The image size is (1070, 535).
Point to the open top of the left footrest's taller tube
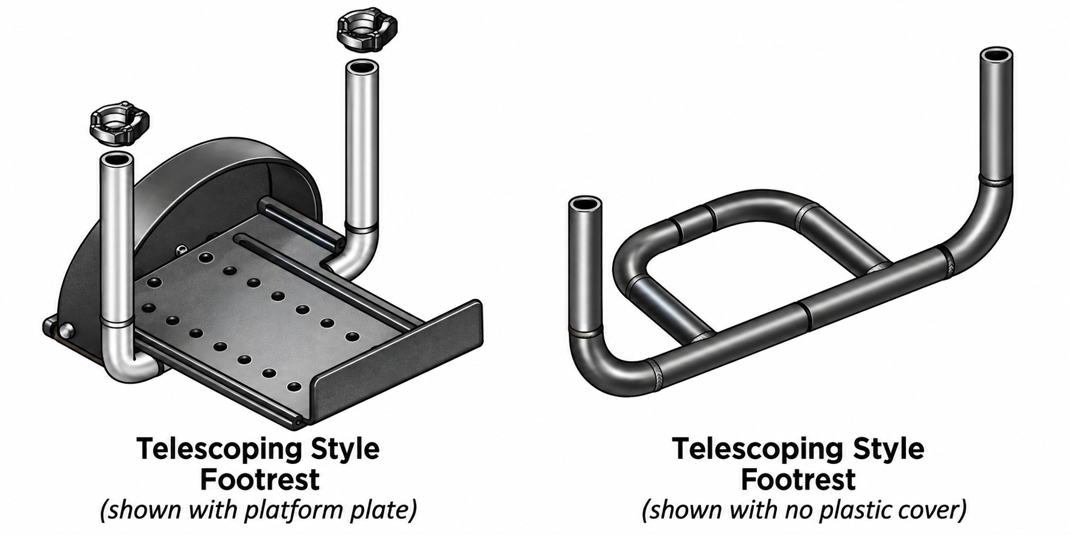tap(362, 66)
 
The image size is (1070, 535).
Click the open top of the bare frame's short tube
tap(585, 204)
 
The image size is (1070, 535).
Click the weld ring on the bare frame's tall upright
tap(995, 180)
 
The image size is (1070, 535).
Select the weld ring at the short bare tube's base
tap(586, 332)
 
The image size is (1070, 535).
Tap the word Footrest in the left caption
tap(259, 480)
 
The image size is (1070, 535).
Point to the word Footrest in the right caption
tap(798, 480)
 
